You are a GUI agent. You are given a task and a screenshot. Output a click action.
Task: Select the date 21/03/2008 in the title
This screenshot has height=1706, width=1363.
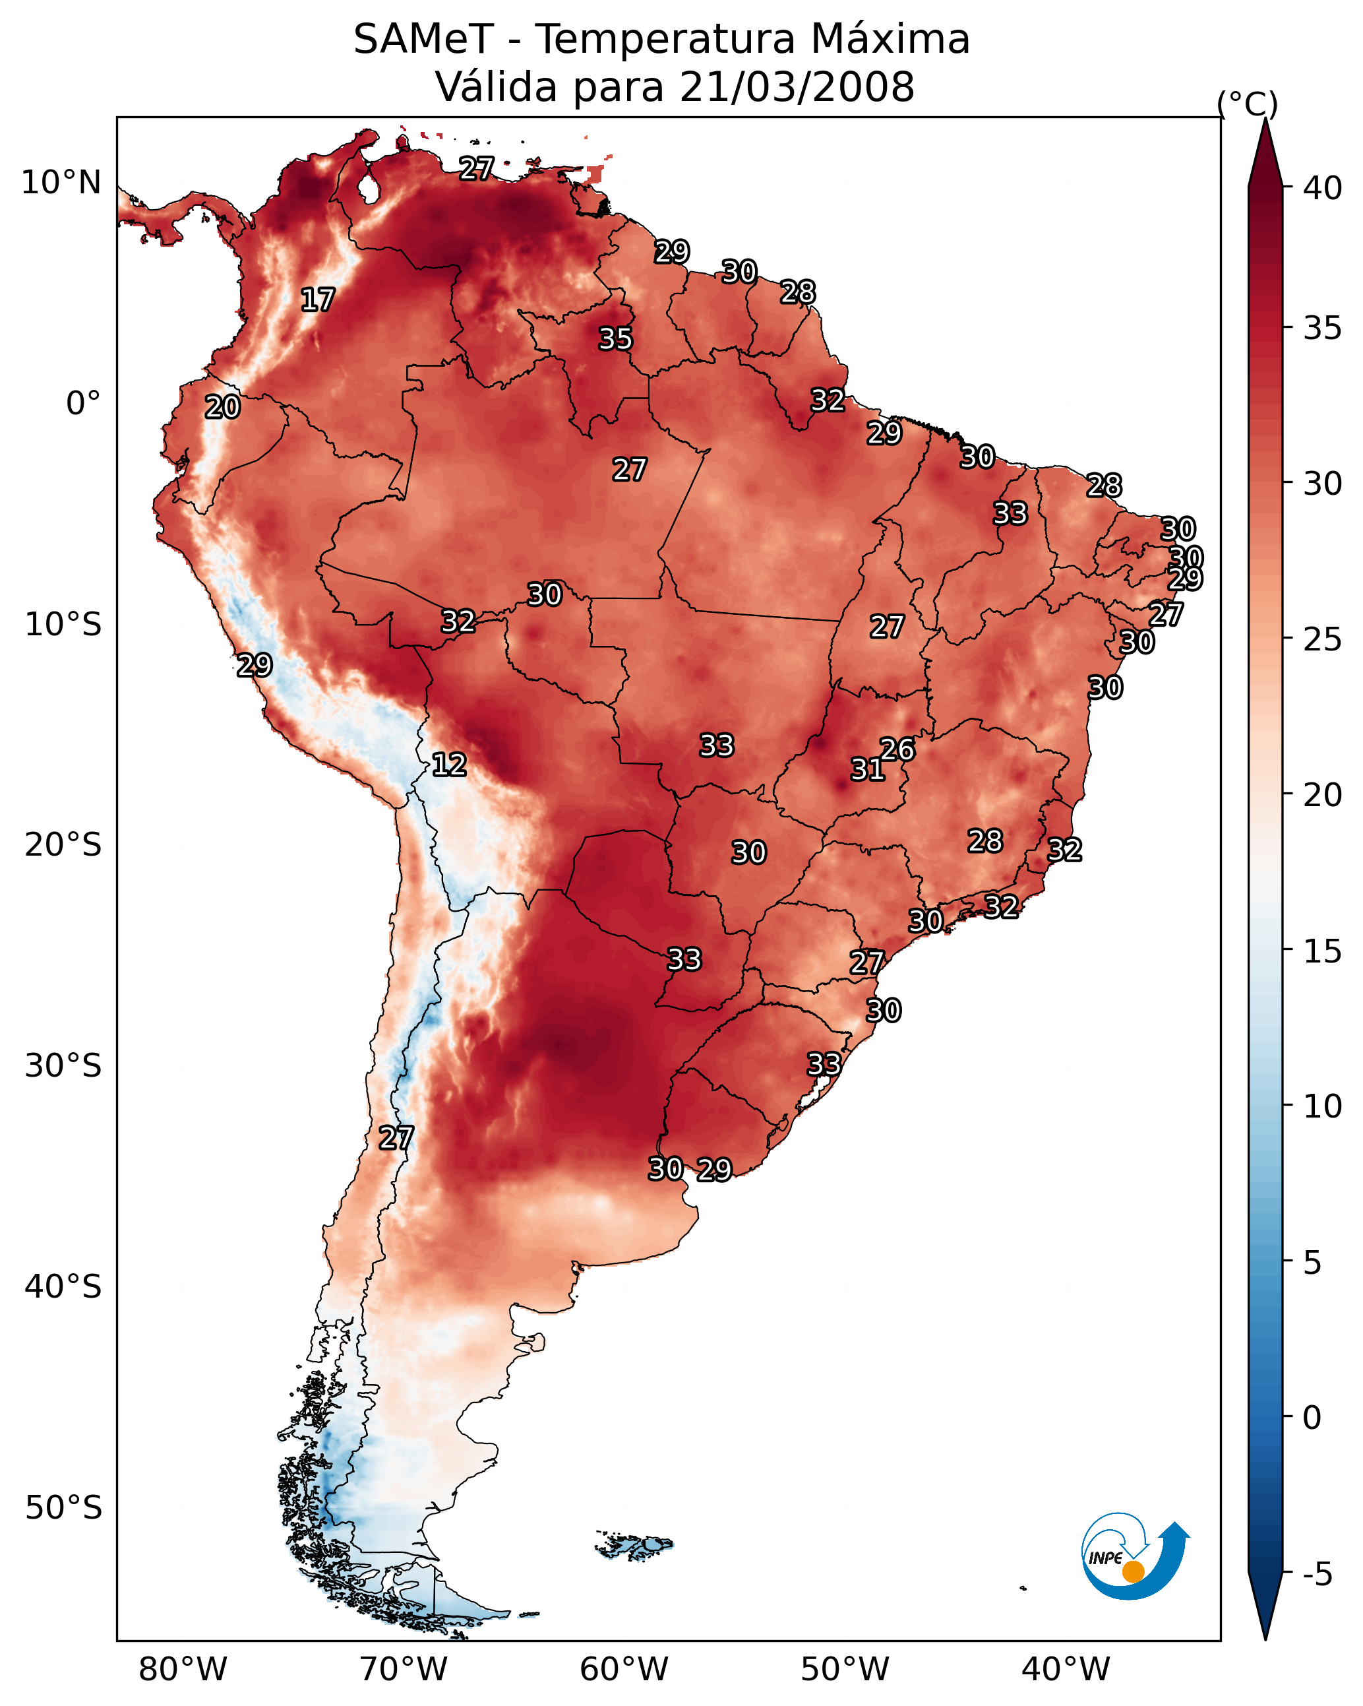pos(797,87)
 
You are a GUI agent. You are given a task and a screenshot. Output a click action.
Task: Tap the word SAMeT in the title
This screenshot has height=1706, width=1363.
pos(423,40)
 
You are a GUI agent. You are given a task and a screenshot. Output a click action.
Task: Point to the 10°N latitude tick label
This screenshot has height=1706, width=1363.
pos(61,183)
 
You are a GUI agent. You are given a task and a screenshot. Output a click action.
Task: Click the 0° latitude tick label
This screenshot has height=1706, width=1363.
pos(84,404)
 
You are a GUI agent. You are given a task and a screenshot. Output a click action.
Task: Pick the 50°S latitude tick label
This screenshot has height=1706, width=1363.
pos(63,1508)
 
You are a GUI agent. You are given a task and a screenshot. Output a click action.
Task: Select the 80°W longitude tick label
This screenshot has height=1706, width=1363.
pos(183,1670)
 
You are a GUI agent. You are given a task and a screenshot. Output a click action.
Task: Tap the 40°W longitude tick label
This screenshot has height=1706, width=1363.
pos(1066,1670)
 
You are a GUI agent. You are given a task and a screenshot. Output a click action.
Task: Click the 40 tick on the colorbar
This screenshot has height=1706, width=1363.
pos(1323,188)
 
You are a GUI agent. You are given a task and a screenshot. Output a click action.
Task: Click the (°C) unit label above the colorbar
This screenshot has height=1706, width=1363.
pos(1248,104)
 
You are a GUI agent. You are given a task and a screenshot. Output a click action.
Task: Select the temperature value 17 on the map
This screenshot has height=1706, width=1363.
pos(317,300)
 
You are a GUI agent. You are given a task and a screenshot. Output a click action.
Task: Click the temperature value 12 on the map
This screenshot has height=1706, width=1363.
pos(449,765)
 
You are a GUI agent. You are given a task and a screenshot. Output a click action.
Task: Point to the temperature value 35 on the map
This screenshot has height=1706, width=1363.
pos(615,338)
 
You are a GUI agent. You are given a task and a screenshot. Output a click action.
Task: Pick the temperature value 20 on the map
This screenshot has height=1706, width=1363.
pos(222,407)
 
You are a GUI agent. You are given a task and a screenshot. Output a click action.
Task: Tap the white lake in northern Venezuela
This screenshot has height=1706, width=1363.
pos(367,188)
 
